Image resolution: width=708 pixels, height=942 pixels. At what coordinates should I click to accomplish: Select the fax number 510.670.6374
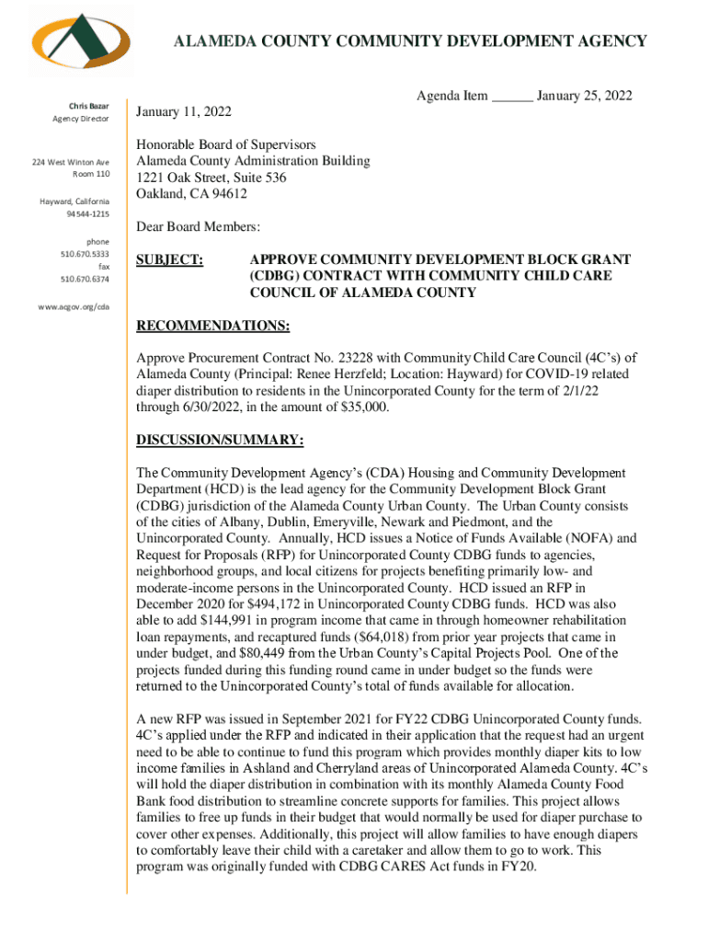(85, 279)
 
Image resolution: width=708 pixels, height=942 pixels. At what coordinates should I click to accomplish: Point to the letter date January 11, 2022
(184, 112)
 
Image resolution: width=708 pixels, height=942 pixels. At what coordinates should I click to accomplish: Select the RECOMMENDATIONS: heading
(212, 327)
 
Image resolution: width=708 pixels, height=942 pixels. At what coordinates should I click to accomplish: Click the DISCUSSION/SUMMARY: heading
(220, 441)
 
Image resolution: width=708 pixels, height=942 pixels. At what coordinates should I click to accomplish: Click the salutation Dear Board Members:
(198, 226)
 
